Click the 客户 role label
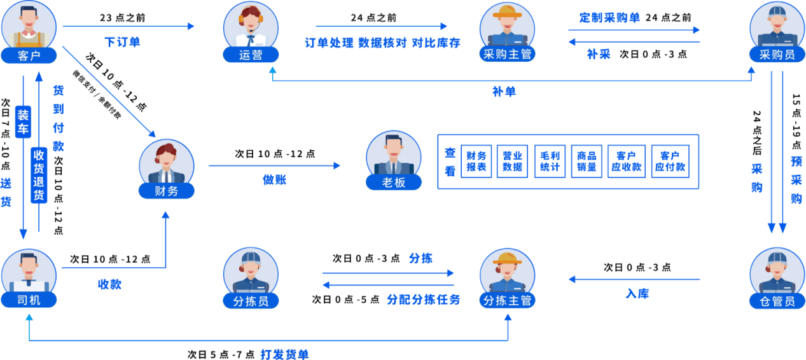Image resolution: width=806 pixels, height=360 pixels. click(x=29, y=55)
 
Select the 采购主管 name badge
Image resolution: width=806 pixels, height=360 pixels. click(x=506, y=55)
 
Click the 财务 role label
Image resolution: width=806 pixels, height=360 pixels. click(x=167, y=190)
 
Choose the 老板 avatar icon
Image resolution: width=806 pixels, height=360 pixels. click(x=394, y=156)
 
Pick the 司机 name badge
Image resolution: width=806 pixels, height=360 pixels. click(x=29, y=300)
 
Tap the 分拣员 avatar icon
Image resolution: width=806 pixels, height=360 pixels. click(x=251, y=273)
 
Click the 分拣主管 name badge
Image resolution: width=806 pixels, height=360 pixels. click(x=507, y=300)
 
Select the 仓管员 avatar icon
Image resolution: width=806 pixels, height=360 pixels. click(x=777, y=273)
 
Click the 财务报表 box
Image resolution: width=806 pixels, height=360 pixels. click(x=476, y=161)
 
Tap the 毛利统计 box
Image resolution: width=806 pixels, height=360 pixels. click(x=550, y=161)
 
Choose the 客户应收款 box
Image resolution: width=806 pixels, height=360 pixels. click(x=627, y=161)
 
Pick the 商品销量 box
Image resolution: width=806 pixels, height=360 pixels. click(x=587, y=161)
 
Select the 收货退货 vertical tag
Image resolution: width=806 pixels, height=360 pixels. click(x=38, y=176)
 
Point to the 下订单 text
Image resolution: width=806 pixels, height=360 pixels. click(x=122, y=43)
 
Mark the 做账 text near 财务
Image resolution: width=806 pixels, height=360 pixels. click(x=274, y=180)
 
